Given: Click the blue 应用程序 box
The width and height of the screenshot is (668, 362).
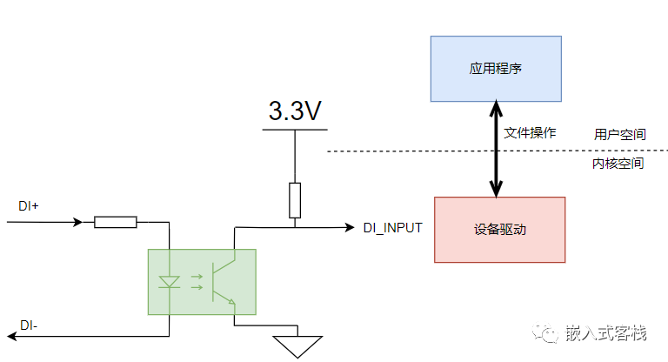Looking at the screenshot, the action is (x=496, y=69).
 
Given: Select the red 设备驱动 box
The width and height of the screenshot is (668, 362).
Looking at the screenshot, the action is (x=500, y=230).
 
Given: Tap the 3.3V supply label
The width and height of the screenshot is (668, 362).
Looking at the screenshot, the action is (x=295, y=111).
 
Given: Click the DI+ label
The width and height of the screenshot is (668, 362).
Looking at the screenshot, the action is (x=29, y=206).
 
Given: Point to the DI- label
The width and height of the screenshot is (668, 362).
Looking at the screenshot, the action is (x=29, y=325).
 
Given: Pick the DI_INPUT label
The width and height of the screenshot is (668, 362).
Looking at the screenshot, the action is (x=393, y=228).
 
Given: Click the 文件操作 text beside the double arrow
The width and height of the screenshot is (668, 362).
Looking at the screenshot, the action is (x=530, y=133).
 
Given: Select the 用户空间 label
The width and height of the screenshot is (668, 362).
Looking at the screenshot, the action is (x=620, y=135).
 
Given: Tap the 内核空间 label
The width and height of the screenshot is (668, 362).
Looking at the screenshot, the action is (x=618, y=164).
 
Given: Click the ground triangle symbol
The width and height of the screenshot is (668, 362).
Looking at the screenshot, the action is (x=297, y=346).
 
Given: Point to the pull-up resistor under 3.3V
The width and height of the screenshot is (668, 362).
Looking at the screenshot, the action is (x=295, y=200).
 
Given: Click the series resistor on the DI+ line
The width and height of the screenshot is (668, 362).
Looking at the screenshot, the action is (x=116, y=222).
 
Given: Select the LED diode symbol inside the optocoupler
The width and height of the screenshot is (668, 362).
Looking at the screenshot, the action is (x=169, y=282).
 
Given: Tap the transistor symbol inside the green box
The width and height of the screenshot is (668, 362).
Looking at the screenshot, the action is (x=224, y=282).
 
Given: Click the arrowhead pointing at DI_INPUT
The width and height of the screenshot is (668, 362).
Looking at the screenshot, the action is (x=350, y=228).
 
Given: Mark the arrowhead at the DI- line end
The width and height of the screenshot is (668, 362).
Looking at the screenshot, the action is (x=12, y=337).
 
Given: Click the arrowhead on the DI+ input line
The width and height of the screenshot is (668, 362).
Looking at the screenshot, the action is (x=78, y=222).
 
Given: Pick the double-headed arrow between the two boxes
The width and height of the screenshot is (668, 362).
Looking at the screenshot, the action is (x=496, y=149).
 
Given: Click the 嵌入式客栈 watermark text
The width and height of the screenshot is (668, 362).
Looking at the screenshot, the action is (x=605, y=333).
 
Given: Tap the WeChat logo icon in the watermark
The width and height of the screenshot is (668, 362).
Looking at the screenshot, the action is (x=544, y=332).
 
